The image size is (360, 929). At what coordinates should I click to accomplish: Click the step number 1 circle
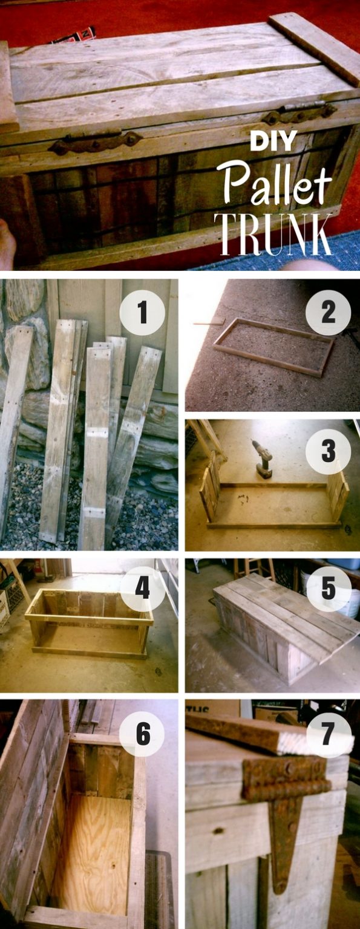tap(142, 313)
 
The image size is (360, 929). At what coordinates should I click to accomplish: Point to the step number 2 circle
tap(328, 313)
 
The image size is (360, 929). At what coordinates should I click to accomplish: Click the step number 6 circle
tap(142, 735)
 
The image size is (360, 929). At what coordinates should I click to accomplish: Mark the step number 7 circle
tap(328, 735)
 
